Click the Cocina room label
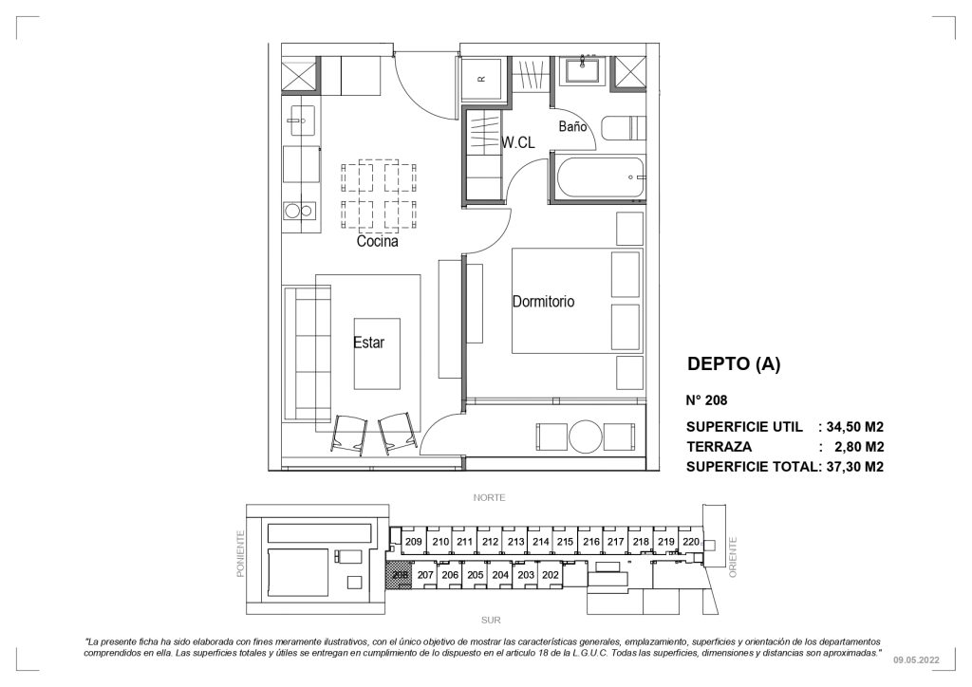pyautogui.click(x=377, y=241)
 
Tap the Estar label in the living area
pyautogui.click(x=369, y=342)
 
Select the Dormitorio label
pyautogui.click(x=543, y=302)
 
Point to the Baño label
pyautogui.click(x=572, y=126)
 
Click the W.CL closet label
pyautogui.click(x=517, y=143)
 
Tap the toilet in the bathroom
pyautogui.click(x=624, y=128)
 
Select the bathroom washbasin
pyautogui.click(x=582, y=70)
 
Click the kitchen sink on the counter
pyautogui.click(x=301, y=121)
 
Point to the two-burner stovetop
pyautogui.click(x=301, y=211)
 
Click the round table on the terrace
pyautogui.click(x=585, y=436)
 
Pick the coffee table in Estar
pyautogui.click(x=377, y=354)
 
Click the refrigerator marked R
pyautogui.click(x=482, y=79)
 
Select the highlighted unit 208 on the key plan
pyautogui.click(x=400, y=575)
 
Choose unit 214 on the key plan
pyautogui.click(x=540, y=542)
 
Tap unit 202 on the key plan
pyautogui.click(x=551, y=575)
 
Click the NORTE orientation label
pyautogui.click(x=489, y=497)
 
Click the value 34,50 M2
pyautogui.click(x=855, y=427)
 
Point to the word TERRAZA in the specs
pyautogui.click(x=720, y=447)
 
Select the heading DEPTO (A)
pyautogui.click(x=734, y=364)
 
